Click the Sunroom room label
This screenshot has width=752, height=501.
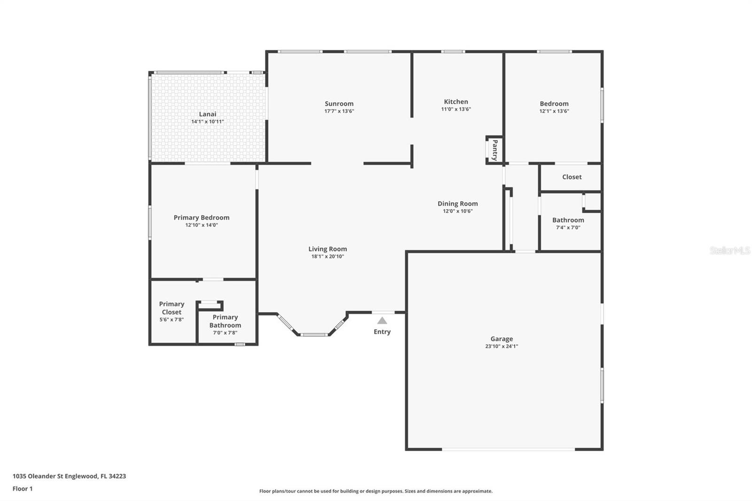pyautogui.click(x=339, y=104)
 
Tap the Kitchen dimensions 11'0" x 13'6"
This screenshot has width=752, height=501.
pyautogui.click(x=456, y=109)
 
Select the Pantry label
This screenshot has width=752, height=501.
pyautogui.click(x=495, y=150)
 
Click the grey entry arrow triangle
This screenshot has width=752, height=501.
pyautogui.click(x=382, y=321)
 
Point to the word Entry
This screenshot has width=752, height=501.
pyautogui.click(x=382, y=332)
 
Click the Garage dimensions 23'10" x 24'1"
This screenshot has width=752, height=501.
pyautogui.click(x=501, y=346)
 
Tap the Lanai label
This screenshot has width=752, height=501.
pyautogui.click(x=207, y=114)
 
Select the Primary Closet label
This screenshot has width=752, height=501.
pyautogui.click(x=172, y=308)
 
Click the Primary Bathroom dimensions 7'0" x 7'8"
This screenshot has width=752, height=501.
pyautogui.click(x=225, y=333)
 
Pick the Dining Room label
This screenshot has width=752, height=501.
pyautogui.click(x=458, y=204)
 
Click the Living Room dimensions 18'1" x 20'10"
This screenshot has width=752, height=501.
pyautogui.click(x=328, y=257)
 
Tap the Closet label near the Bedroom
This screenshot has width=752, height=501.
pyautogui.click(x=572, y=177)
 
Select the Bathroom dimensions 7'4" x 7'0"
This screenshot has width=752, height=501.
pyautogui.click(x=568, y=227)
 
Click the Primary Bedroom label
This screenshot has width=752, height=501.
pyautogui.click(x=202, y=218)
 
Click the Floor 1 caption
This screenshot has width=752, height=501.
pyautogui.click(x=23, y=489)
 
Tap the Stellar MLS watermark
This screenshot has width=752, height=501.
pyautogui.click(x=730, y=250)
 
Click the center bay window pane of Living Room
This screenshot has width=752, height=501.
pyautogui.click(x=314, y=335)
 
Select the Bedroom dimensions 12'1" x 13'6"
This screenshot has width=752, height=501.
pyautogui.click(x=554, y=111)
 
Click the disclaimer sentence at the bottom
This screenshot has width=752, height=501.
pyautogui.click(x=376, y=491)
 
